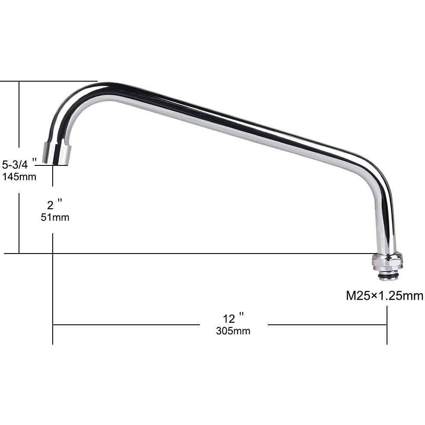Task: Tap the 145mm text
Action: coord(19,176)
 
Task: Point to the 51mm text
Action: coord(55,217)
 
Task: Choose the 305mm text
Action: coord(233,331)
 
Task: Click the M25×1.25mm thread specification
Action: coord(384,296)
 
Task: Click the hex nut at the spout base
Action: coord(387,261)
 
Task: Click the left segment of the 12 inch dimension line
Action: coord(125,325)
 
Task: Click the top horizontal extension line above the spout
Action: coord(48,81)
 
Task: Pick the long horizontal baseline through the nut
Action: coord(194,253)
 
